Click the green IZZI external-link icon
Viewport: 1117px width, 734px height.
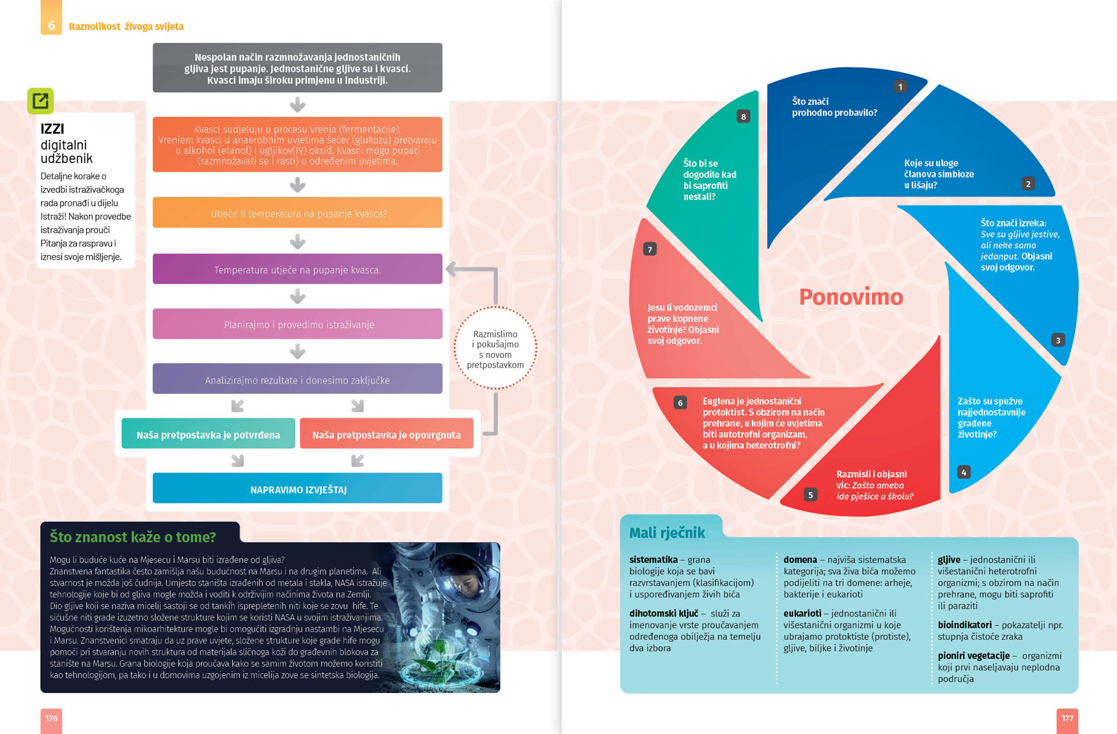pyautogui.click(x=40, y=100)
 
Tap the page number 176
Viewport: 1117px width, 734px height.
pyautogui.click(x=51, y=719)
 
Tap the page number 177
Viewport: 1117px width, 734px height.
pyautogui.click(x=1067, y=719)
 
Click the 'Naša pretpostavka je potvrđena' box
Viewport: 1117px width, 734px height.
pyautogui.click(x=208, y=433)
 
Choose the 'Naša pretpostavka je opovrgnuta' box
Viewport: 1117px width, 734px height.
pyautogui.click(x=386, y=433)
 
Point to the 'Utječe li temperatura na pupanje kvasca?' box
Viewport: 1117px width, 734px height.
pyautogui.click(x=297, y=212)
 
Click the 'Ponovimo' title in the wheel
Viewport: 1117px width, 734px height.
pyautogui.click(x=851, y=297)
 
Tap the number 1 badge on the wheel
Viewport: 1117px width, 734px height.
pyautogui.click(x=900, y=86)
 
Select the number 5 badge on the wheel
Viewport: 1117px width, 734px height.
pyautogui.click(x=810, y=495)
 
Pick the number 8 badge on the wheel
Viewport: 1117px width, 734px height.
pyautogui.click(x=743, y=116)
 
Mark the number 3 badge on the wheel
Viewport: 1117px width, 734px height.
pyautogui.click(x=1058, y=340)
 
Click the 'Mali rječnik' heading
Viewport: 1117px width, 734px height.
pyautogui.click(x=667, y=533)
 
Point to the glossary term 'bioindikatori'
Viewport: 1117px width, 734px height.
pyautogui.click(x=965, y=625)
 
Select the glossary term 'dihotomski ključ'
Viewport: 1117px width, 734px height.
pyautogui.click(x=664, y=613)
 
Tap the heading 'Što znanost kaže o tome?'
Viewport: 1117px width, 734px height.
pyautogui.click(x=133, y=536)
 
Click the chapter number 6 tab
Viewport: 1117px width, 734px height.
pyautogui.click(x=51, y=18)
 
